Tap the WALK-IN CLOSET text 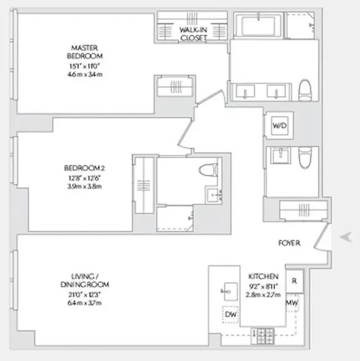tap(193, 34)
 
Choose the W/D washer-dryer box tap(277, 126)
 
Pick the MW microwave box tap(292, 303)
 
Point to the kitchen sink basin tap(228, 290)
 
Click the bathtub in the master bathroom tap(261, 27)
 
